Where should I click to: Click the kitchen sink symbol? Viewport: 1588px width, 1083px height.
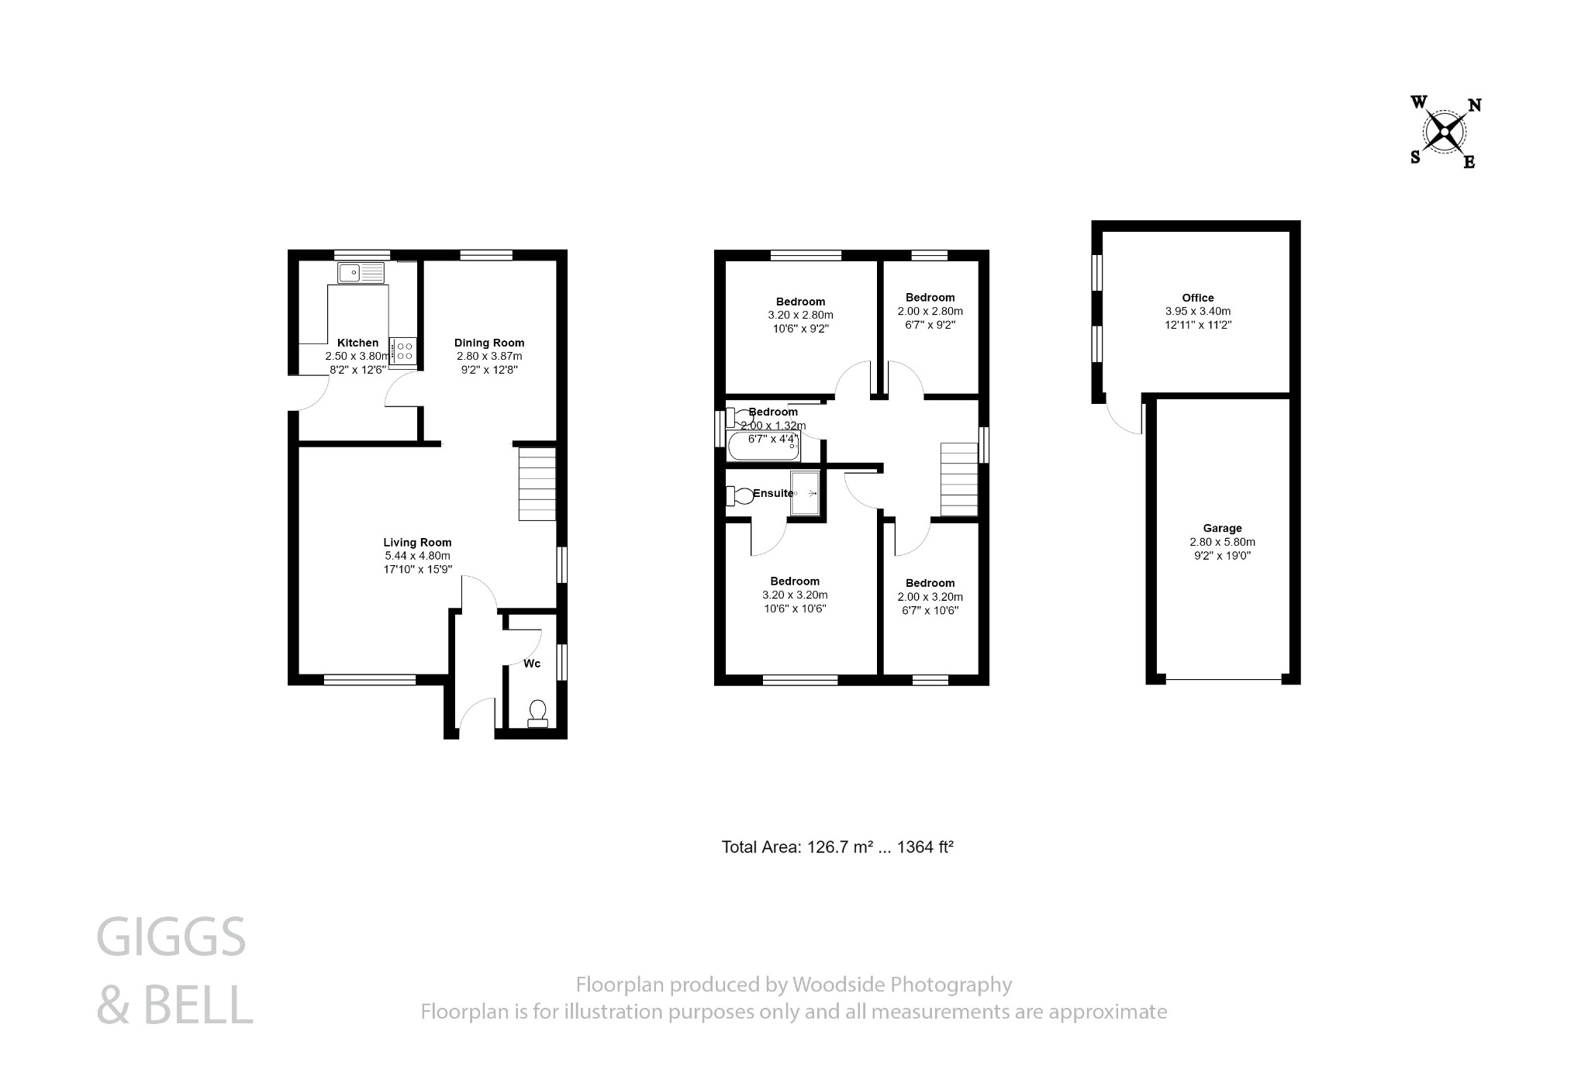pos(361,273)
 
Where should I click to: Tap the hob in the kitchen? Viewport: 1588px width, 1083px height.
pos(403,350)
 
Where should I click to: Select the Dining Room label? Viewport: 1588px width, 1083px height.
pos(488,343)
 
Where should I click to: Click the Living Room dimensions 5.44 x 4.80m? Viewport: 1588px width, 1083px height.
pos(417,556)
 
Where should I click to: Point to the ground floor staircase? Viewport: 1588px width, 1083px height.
pos(537,484)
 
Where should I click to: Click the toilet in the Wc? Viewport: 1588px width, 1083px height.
pos(537,713)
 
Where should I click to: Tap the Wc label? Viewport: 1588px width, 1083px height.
pos(532,664)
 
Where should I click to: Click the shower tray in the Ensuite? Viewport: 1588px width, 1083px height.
pos(805,493)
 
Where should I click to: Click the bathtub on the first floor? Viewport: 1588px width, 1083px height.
pos(764,448)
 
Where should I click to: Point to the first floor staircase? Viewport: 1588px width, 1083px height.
pos(959,479)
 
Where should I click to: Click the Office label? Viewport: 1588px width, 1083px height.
pos(1197,298)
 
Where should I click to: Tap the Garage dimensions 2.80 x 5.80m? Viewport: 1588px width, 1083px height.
pos(1222,542)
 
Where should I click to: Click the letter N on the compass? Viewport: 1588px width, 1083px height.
pos(1474,105)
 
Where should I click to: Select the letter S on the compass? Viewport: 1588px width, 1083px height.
pos(1415,157)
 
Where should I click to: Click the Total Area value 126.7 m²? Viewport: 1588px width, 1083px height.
pos(836,847)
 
